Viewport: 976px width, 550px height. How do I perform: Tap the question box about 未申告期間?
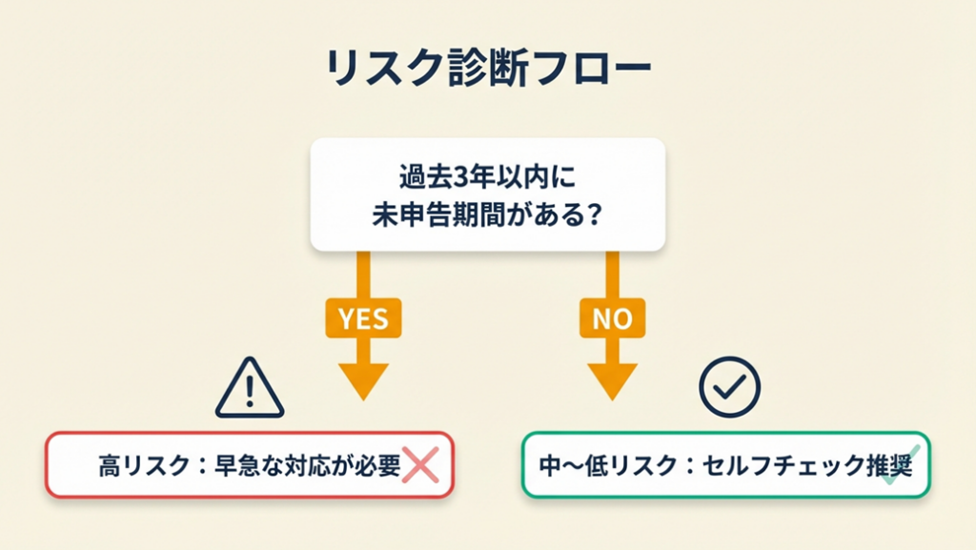[x=487, y=195]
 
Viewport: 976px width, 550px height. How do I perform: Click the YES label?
[x=363, y=317]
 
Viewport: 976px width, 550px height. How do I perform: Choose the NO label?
[x=612, y=317]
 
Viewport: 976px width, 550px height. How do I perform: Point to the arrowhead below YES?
[x=363, y=380]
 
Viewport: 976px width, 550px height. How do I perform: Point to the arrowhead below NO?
[x=612, y=380]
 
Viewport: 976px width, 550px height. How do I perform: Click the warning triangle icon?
[x=249, y=389]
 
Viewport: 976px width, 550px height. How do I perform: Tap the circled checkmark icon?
[x=729, y=386]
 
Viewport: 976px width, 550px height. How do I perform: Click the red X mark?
[x=420, y=465]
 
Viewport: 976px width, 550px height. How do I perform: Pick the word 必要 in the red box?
[x=378, y=466]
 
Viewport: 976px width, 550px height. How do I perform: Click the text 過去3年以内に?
[x=487, y=177]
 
